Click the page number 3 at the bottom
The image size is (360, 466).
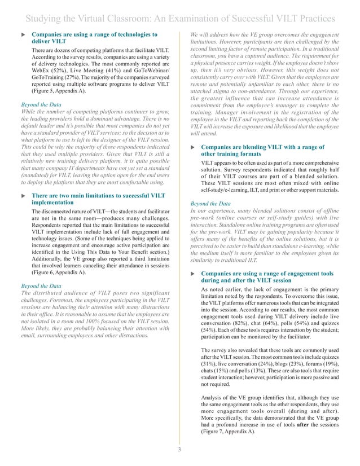(180, 450)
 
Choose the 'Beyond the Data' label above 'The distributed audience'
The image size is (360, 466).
(41, 286)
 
